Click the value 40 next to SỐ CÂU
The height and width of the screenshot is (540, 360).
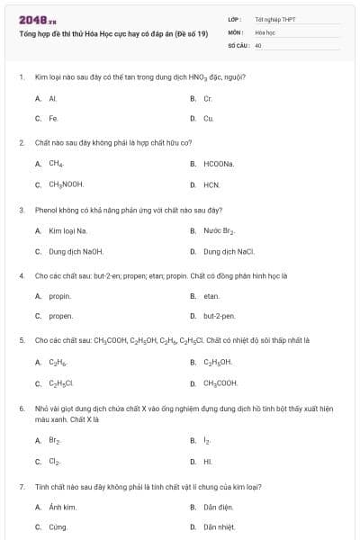click(258, 44)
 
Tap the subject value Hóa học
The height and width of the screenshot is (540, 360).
click(264, 31)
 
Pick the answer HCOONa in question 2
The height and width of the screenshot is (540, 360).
click(218, 164)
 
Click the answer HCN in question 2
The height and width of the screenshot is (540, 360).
click(211, 184)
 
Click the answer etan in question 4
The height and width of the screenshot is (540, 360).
click(211, 295)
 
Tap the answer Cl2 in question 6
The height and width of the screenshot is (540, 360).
click(54, 462)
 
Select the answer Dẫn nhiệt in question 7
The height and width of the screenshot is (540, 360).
click(219, 526)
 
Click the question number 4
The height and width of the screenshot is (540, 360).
click(21, 275)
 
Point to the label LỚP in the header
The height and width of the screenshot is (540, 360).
click(234, 18)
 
